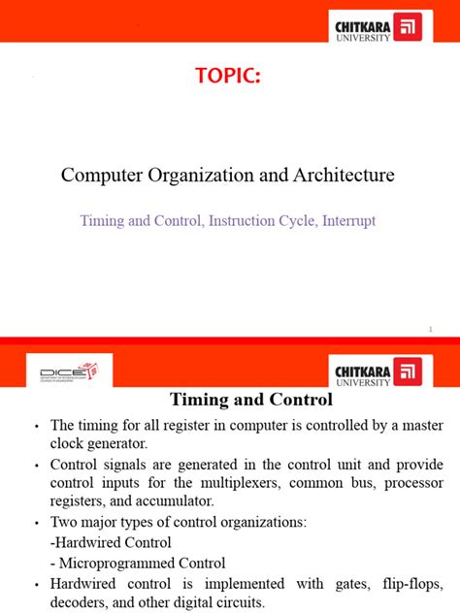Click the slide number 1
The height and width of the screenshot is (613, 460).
tap(429, 330)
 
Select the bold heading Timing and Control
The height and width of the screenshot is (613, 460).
tap(251, 400)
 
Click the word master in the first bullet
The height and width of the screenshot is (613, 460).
tap(419, 425)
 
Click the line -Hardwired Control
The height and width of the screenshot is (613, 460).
tap(111, 542)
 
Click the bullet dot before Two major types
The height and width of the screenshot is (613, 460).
tap(37, 523)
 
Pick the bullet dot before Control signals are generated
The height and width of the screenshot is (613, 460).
tap(37, 465)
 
